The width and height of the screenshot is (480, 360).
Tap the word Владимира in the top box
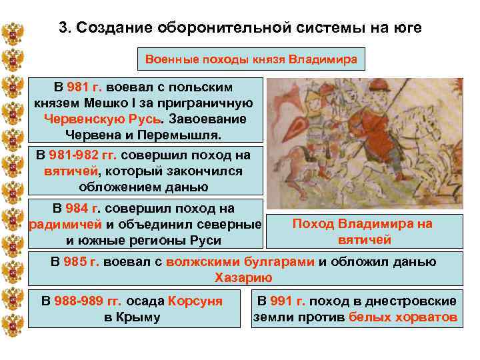click(323, 59)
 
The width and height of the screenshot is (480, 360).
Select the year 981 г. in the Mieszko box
click(83, 87)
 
